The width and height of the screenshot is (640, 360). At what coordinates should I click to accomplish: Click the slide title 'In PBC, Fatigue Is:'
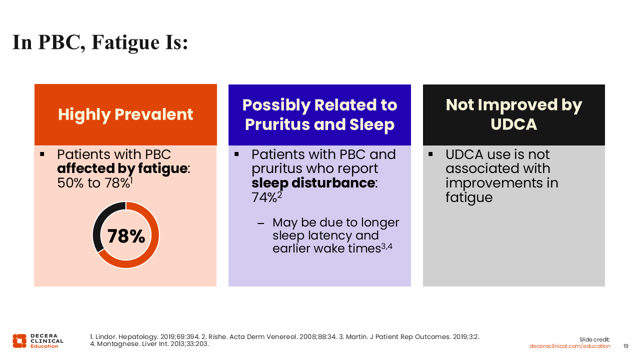(100, 42)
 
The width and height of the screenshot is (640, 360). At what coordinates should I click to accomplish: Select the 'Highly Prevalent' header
(125, 114)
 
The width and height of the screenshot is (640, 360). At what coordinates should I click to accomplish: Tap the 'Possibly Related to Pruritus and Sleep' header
(319, 114)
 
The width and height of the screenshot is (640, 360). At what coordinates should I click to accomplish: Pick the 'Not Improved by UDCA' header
(513, 114)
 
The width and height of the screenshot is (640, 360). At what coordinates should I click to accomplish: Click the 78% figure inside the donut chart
(126, 236)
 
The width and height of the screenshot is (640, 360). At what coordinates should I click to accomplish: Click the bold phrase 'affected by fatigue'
(122, 168)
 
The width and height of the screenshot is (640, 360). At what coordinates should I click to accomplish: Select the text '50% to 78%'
(93, 183)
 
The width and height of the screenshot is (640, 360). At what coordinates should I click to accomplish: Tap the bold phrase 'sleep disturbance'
(313, 183)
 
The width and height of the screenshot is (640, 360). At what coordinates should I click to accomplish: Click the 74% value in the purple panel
(264, 197)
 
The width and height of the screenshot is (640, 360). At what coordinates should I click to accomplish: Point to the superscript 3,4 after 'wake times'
(387, 246)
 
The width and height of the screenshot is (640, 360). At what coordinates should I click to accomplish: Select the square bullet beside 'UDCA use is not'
(430, 154)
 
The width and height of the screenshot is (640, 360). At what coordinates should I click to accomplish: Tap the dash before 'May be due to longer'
(260, 223)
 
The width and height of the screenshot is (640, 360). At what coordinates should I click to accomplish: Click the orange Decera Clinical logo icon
(19, 341)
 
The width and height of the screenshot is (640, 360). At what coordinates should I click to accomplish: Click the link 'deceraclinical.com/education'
(569, 346)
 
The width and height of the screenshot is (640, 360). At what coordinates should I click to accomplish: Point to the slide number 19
(625, 346)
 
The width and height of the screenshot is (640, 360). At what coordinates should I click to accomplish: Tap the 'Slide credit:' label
(594, 339)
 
